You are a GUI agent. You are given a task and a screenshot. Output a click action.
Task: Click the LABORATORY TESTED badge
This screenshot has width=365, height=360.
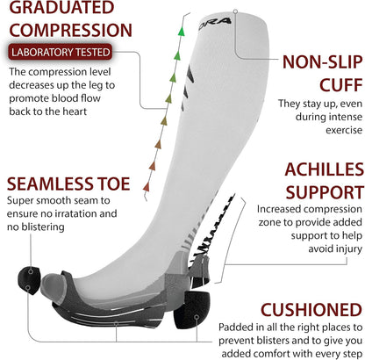[x=60, y=52]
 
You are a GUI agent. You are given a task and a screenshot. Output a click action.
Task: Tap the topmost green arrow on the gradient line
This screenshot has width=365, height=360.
[x=182, y=32]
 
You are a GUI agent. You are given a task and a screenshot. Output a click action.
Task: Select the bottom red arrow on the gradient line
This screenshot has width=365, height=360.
[x=147, y=186]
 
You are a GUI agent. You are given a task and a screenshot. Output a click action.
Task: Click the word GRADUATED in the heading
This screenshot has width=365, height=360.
[x=61, y=7]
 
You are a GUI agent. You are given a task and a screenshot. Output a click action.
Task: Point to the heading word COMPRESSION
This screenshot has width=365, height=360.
[x=71, y=30]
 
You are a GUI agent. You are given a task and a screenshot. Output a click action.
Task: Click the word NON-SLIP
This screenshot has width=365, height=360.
[x=323, y=62]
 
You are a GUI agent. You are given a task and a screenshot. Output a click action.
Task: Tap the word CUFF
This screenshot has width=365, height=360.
[x=341, y=85]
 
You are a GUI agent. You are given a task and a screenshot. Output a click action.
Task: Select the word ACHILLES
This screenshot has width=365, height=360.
[x=325, y=169]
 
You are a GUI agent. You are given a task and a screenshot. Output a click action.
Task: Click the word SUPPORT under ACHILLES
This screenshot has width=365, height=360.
[x=325, y=192]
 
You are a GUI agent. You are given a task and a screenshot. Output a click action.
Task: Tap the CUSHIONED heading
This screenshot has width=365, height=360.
[x=311, y=309]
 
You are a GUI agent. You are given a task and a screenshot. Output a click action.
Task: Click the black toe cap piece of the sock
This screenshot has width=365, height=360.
[x=29, y=280]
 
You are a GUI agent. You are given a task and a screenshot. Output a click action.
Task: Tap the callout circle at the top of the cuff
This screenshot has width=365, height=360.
[x=235, y=11]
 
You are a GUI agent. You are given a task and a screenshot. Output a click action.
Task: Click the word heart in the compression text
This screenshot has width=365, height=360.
[x=74, y=112]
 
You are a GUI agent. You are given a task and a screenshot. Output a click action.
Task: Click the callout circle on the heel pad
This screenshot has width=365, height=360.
[x=197, y=317]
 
